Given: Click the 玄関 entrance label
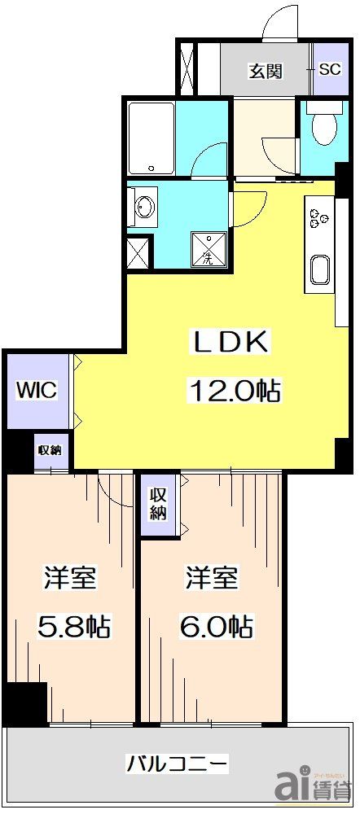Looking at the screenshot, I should [x=266, y=71].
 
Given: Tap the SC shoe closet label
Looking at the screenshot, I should [x=329, y=69].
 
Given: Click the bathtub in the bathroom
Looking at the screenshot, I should [x=151, y=138].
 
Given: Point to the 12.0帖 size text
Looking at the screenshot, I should [x=235, y=392].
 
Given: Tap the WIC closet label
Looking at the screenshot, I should [x=37, y=390].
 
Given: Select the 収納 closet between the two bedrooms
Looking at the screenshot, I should [x=158, y=505].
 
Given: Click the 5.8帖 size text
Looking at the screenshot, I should [x=72, y=627].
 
